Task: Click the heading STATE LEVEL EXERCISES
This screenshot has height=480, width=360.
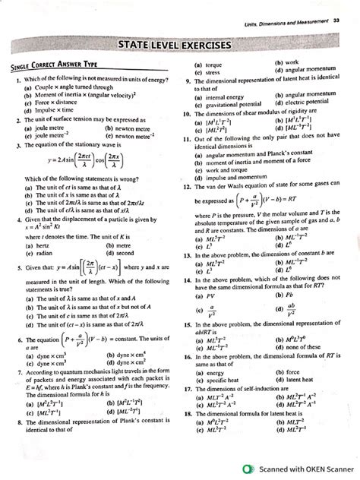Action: (181, 47)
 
